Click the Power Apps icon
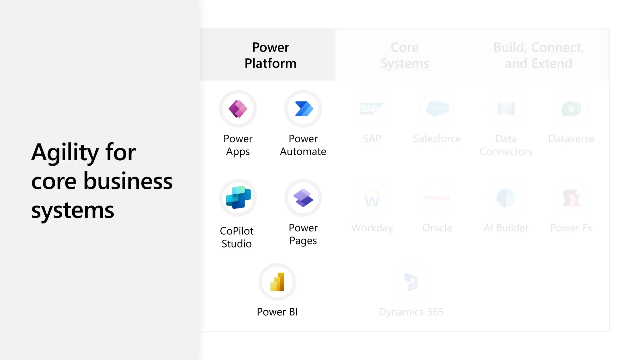point(238,109)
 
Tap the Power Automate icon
point(303,109)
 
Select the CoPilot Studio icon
point(238,197)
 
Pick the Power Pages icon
point(303,197)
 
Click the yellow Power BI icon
point(277,282)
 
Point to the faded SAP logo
point(372,109)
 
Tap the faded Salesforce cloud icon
point(437,109)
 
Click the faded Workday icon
point(372,198)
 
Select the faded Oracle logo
point(437,198)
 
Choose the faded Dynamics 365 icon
point(411,282)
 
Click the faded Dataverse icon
point(571,109)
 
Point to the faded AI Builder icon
point(506,198)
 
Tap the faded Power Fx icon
point(571,198)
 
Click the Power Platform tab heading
point(271,55)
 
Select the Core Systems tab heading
point(405,55)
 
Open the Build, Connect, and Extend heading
point(538,55)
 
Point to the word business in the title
point(128,181)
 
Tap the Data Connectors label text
point(506,145)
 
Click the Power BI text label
point(277,312)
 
